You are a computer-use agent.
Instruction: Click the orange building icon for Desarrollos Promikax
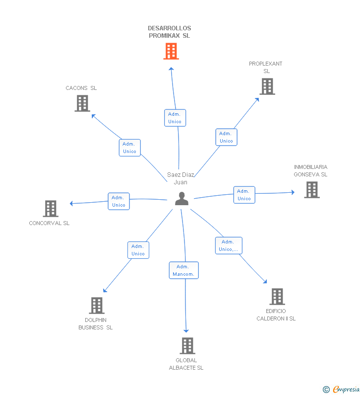[x=171, y=51]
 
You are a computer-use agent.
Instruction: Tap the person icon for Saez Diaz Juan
[x=182, y=199]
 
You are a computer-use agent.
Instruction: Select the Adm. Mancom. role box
[x=184, y=270]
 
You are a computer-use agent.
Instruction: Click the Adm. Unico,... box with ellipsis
[x=229, y=245]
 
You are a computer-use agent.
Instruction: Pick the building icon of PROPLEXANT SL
[x=267, y=86]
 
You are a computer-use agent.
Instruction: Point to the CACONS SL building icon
[x=82, y=103]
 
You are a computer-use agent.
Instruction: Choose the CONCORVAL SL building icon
[x=51, y=209]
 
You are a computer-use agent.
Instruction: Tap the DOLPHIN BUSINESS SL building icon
[x=97, y=306]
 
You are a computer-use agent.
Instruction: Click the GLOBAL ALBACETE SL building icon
[x=187, y=346]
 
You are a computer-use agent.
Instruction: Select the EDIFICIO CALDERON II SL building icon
[x=277, y=297]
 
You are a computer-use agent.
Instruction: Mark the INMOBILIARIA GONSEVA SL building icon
[x=312, y=190]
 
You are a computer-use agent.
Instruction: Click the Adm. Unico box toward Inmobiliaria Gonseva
[x=244, y=195]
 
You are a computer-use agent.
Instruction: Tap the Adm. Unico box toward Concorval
[x=119, y=201]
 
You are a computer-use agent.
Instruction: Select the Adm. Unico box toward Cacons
[x=130, y=148]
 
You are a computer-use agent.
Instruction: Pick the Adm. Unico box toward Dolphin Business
[x=138, y=250]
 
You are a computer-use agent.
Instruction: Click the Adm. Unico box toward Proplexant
[x=226, y=137]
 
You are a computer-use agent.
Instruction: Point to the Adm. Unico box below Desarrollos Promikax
[x=175, y=118]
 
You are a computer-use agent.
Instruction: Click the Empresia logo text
[x=346, y=389]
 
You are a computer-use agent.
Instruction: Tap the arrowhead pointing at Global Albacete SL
[x=186, y=331]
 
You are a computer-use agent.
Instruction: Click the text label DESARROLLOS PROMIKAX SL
[x=170, y=32]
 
